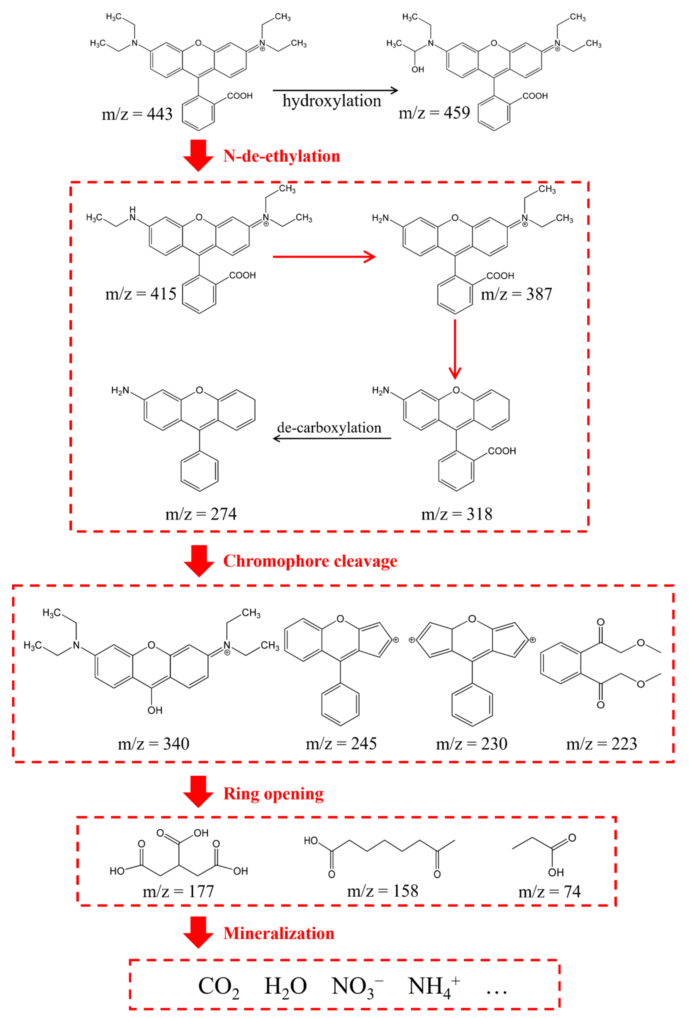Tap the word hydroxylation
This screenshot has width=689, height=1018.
[332, 101]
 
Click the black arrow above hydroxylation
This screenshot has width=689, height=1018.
[335, 90]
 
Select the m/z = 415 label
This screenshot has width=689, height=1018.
[141, 294]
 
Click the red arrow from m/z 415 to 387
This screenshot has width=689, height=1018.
[324, 257]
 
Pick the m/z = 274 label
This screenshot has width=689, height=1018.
[201, 514]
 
